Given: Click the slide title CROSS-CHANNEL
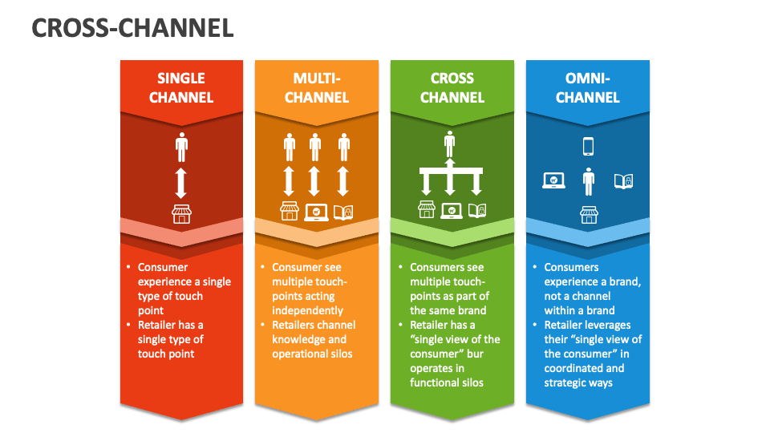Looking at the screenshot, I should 132,29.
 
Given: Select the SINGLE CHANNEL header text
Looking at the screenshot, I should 181,87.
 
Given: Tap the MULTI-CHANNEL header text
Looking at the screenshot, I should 317,87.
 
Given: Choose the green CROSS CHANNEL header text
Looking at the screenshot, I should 452,87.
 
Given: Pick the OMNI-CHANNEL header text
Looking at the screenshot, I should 587,87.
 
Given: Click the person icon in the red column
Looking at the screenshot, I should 181,148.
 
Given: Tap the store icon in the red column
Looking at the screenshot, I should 182,214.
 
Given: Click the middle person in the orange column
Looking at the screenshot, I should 315,148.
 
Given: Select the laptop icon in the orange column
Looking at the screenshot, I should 316,212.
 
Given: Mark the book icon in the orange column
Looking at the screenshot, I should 343,212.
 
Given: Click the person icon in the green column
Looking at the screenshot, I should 450,144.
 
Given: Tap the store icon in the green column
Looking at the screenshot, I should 427,210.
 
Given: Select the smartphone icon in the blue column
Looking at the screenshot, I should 588,146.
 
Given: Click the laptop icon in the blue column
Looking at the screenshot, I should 553,181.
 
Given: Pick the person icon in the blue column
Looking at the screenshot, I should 589,181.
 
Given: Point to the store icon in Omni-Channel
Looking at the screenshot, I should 589,215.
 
